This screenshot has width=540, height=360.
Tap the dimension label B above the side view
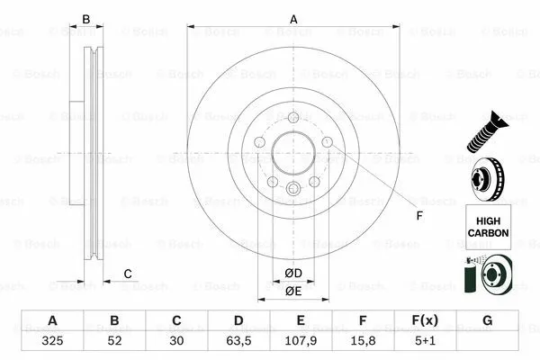86,19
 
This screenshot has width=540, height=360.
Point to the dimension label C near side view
128,274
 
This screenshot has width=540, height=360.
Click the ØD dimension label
293,273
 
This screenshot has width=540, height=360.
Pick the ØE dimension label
293,291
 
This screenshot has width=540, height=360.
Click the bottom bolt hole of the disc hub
293,187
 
